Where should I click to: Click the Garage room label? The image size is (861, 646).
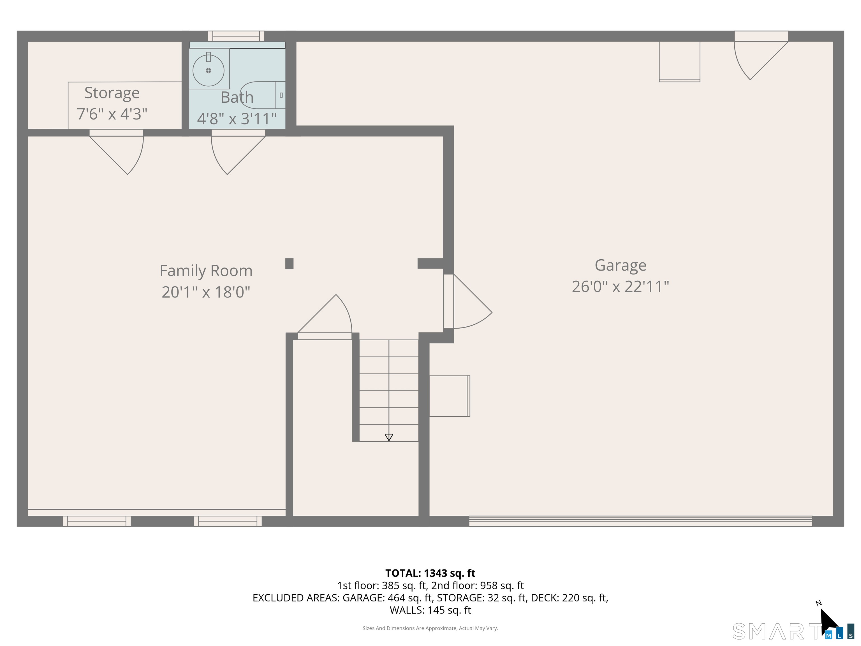621,266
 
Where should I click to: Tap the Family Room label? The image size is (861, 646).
206,271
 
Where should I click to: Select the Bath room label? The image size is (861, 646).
237,97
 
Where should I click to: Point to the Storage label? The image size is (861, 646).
112,93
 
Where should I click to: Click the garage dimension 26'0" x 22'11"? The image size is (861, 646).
621,287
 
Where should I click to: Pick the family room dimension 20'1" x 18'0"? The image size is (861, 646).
206,292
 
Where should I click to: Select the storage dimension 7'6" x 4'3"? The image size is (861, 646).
112,114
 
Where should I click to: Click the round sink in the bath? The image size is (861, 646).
209,70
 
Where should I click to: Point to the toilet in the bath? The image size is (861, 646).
263,95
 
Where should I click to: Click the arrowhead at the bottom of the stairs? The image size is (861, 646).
389,438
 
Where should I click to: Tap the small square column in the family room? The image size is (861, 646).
289,264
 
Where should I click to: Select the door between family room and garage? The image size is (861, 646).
467,301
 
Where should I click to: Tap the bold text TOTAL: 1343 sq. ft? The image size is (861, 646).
430,573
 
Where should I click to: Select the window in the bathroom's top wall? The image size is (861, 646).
236,36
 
